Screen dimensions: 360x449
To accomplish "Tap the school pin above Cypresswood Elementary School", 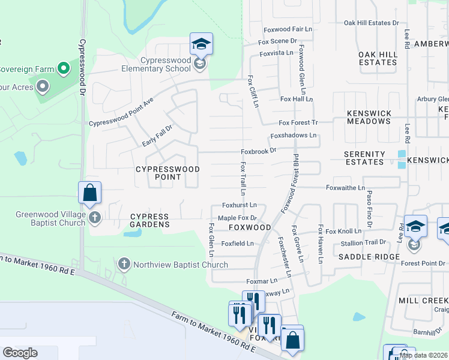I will [202, 44].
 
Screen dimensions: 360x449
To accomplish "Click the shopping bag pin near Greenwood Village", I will [89, 193].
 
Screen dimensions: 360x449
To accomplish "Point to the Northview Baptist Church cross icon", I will [124, 264].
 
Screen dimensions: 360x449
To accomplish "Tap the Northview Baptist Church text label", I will [180, 265].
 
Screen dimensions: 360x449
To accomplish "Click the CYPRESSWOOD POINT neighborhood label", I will [167, 173].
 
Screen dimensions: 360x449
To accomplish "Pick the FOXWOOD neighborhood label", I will [250, 228].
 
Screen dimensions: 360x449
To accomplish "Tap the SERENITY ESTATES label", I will [364, 158].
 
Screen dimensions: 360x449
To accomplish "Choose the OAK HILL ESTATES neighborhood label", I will [378, 58].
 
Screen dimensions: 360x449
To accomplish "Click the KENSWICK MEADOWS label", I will [369, 117].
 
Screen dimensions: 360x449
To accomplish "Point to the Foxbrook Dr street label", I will [258, 151].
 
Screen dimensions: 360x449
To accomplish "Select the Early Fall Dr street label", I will [157, 136].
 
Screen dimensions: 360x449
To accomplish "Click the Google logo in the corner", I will [20, 353].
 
